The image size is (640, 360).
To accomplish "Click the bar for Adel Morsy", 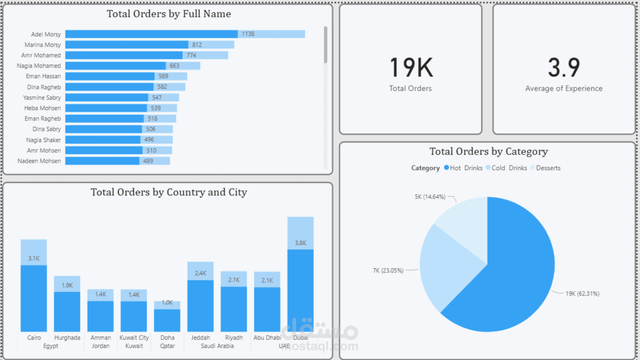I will coord(151,34).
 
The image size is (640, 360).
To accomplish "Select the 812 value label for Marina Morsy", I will coord(197,45).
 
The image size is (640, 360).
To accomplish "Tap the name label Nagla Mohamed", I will coord(39,66).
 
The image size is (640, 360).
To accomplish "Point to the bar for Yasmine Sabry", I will coord(107,97).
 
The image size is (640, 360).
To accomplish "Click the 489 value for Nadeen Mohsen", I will coord(148,161).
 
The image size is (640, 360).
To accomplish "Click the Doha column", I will coord(167,319).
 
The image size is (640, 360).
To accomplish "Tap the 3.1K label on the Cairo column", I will coord(34,258).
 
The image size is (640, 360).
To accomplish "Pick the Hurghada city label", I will coord(67,337).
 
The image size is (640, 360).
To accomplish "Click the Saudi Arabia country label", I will coord(217,346).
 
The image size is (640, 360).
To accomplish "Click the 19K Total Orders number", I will coord(411,68).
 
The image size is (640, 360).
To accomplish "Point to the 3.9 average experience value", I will coord(564,68).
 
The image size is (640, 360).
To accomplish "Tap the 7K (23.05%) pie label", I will coord(388,270).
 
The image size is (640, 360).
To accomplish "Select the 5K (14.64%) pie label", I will coord(430,197).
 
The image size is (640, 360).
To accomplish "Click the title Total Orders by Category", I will coord(489,151).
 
